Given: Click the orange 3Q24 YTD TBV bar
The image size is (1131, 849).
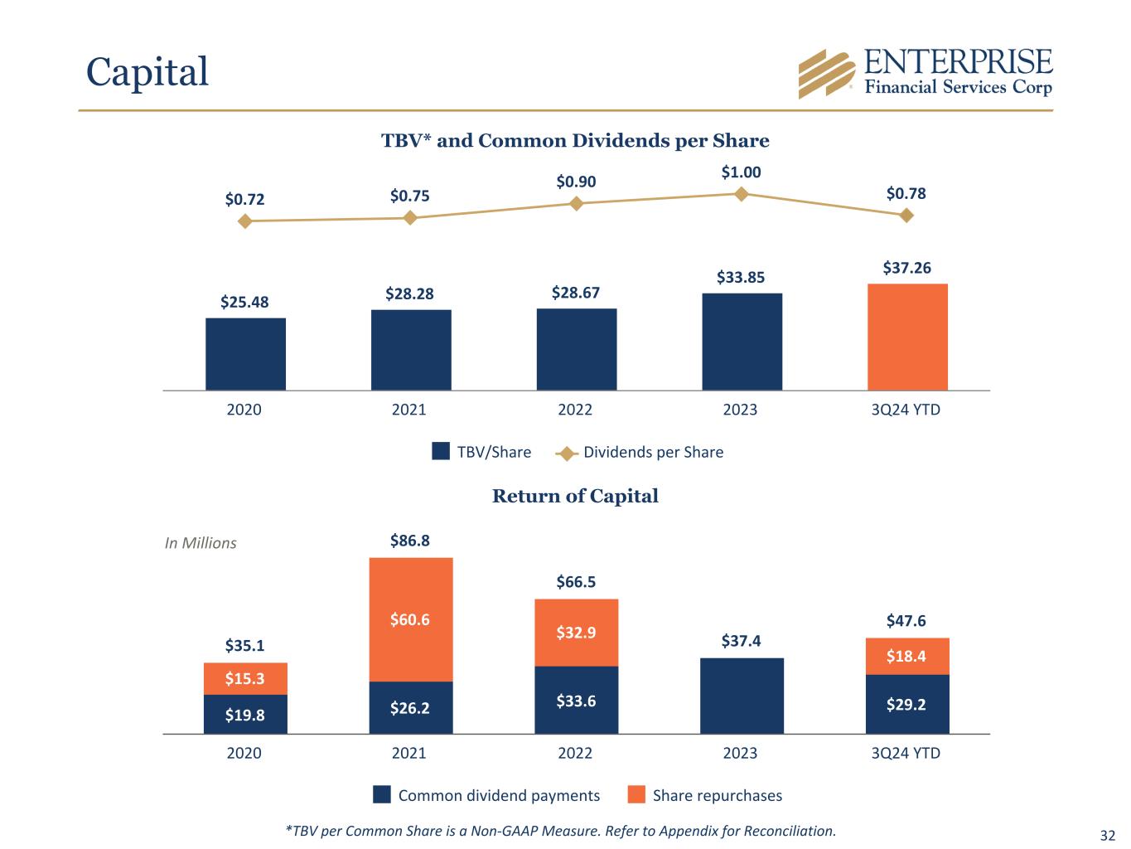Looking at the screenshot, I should (x=907, y=337).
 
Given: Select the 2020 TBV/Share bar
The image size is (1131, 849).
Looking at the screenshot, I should (x=245, y=354).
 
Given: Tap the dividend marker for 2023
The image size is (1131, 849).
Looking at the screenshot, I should (x=742, y=193).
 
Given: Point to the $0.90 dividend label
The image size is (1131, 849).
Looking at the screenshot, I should (x=576, y=182).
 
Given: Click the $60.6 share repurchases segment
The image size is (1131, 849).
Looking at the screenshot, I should (x=411, y=619).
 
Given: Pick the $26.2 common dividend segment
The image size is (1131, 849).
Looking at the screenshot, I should (x=411, y=708).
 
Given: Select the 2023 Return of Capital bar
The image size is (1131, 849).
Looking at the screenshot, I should (x=742, y=696).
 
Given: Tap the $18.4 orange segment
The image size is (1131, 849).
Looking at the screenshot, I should (x=906, y=657).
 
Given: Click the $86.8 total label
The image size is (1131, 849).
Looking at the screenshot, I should (x=410, y=541).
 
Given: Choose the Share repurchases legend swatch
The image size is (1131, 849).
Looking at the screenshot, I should (x=636, y=795).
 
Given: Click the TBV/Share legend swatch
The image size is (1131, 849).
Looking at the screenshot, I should (x=441, y=452).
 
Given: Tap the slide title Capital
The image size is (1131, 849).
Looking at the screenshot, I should (x=147, y=71).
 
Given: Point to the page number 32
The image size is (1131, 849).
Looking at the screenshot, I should (x=1108, y=834).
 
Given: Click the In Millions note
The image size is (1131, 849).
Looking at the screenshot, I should (x=201, y=543).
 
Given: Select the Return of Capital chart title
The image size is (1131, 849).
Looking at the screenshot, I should (x=575, y=496).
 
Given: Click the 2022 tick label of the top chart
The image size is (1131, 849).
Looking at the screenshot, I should (x=575, y=410).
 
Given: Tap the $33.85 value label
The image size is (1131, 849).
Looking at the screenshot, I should (x=741, y=277).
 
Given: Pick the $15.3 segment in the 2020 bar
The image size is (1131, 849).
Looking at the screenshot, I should (x=245, y=678).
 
